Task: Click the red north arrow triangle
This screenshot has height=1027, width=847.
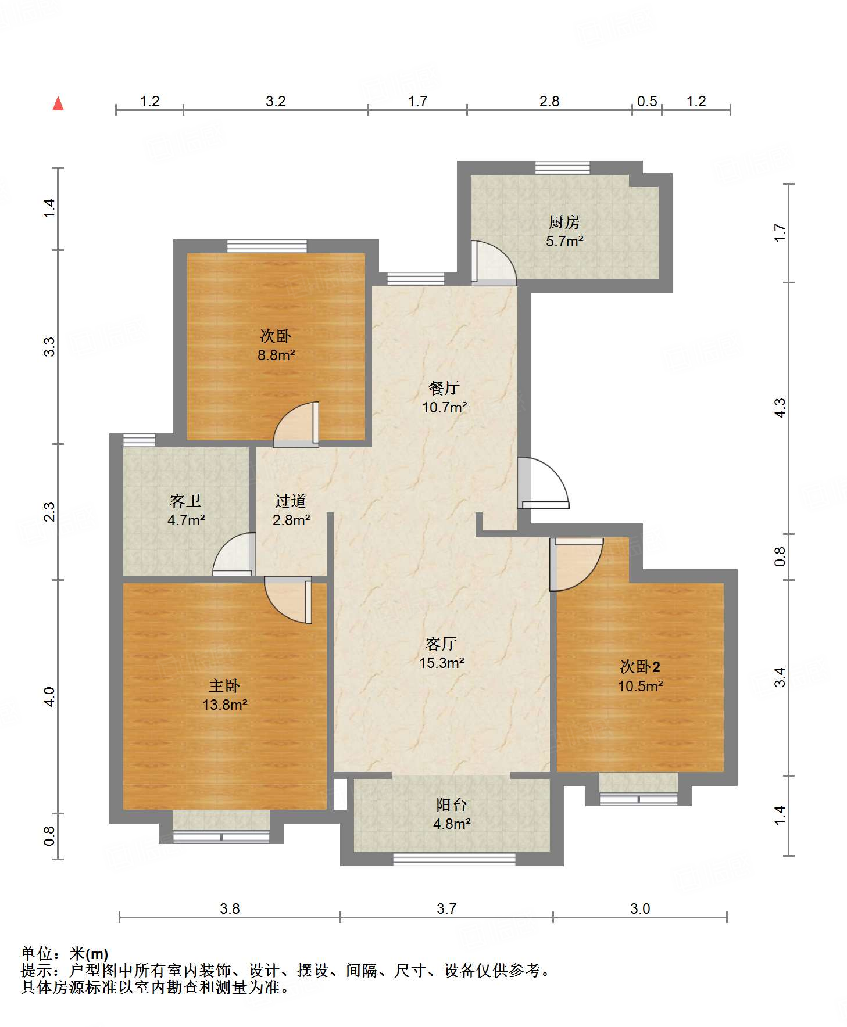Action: tap(58, 104)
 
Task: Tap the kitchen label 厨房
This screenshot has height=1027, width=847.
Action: tap(564, 222)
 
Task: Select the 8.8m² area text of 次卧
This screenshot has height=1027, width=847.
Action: tap(276, 355)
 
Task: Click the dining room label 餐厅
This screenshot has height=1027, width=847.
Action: tap(444, 387)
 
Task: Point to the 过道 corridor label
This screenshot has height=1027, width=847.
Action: tap(290, 500)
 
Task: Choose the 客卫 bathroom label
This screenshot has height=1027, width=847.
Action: tap(185, 500)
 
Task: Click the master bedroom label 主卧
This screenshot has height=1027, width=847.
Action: tap(224, 685)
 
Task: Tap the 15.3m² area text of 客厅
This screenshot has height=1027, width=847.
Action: tap(441, 663)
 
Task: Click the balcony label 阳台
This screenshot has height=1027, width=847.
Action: tap(451, 805)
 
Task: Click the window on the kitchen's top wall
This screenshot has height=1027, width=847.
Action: tap(562, 168)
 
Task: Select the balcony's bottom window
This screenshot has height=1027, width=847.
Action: tap(454, 859)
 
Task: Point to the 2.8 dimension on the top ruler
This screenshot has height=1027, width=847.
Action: tap(549, 102)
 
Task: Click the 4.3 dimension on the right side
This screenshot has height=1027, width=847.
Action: tap(780, 407)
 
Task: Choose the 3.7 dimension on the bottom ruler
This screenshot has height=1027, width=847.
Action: tap(446, 908)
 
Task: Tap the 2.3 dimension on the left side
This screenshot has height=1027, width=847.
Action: tap(50, 511)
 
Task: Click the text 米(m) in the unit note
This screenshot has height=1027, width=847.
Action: tap(89, 954)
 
